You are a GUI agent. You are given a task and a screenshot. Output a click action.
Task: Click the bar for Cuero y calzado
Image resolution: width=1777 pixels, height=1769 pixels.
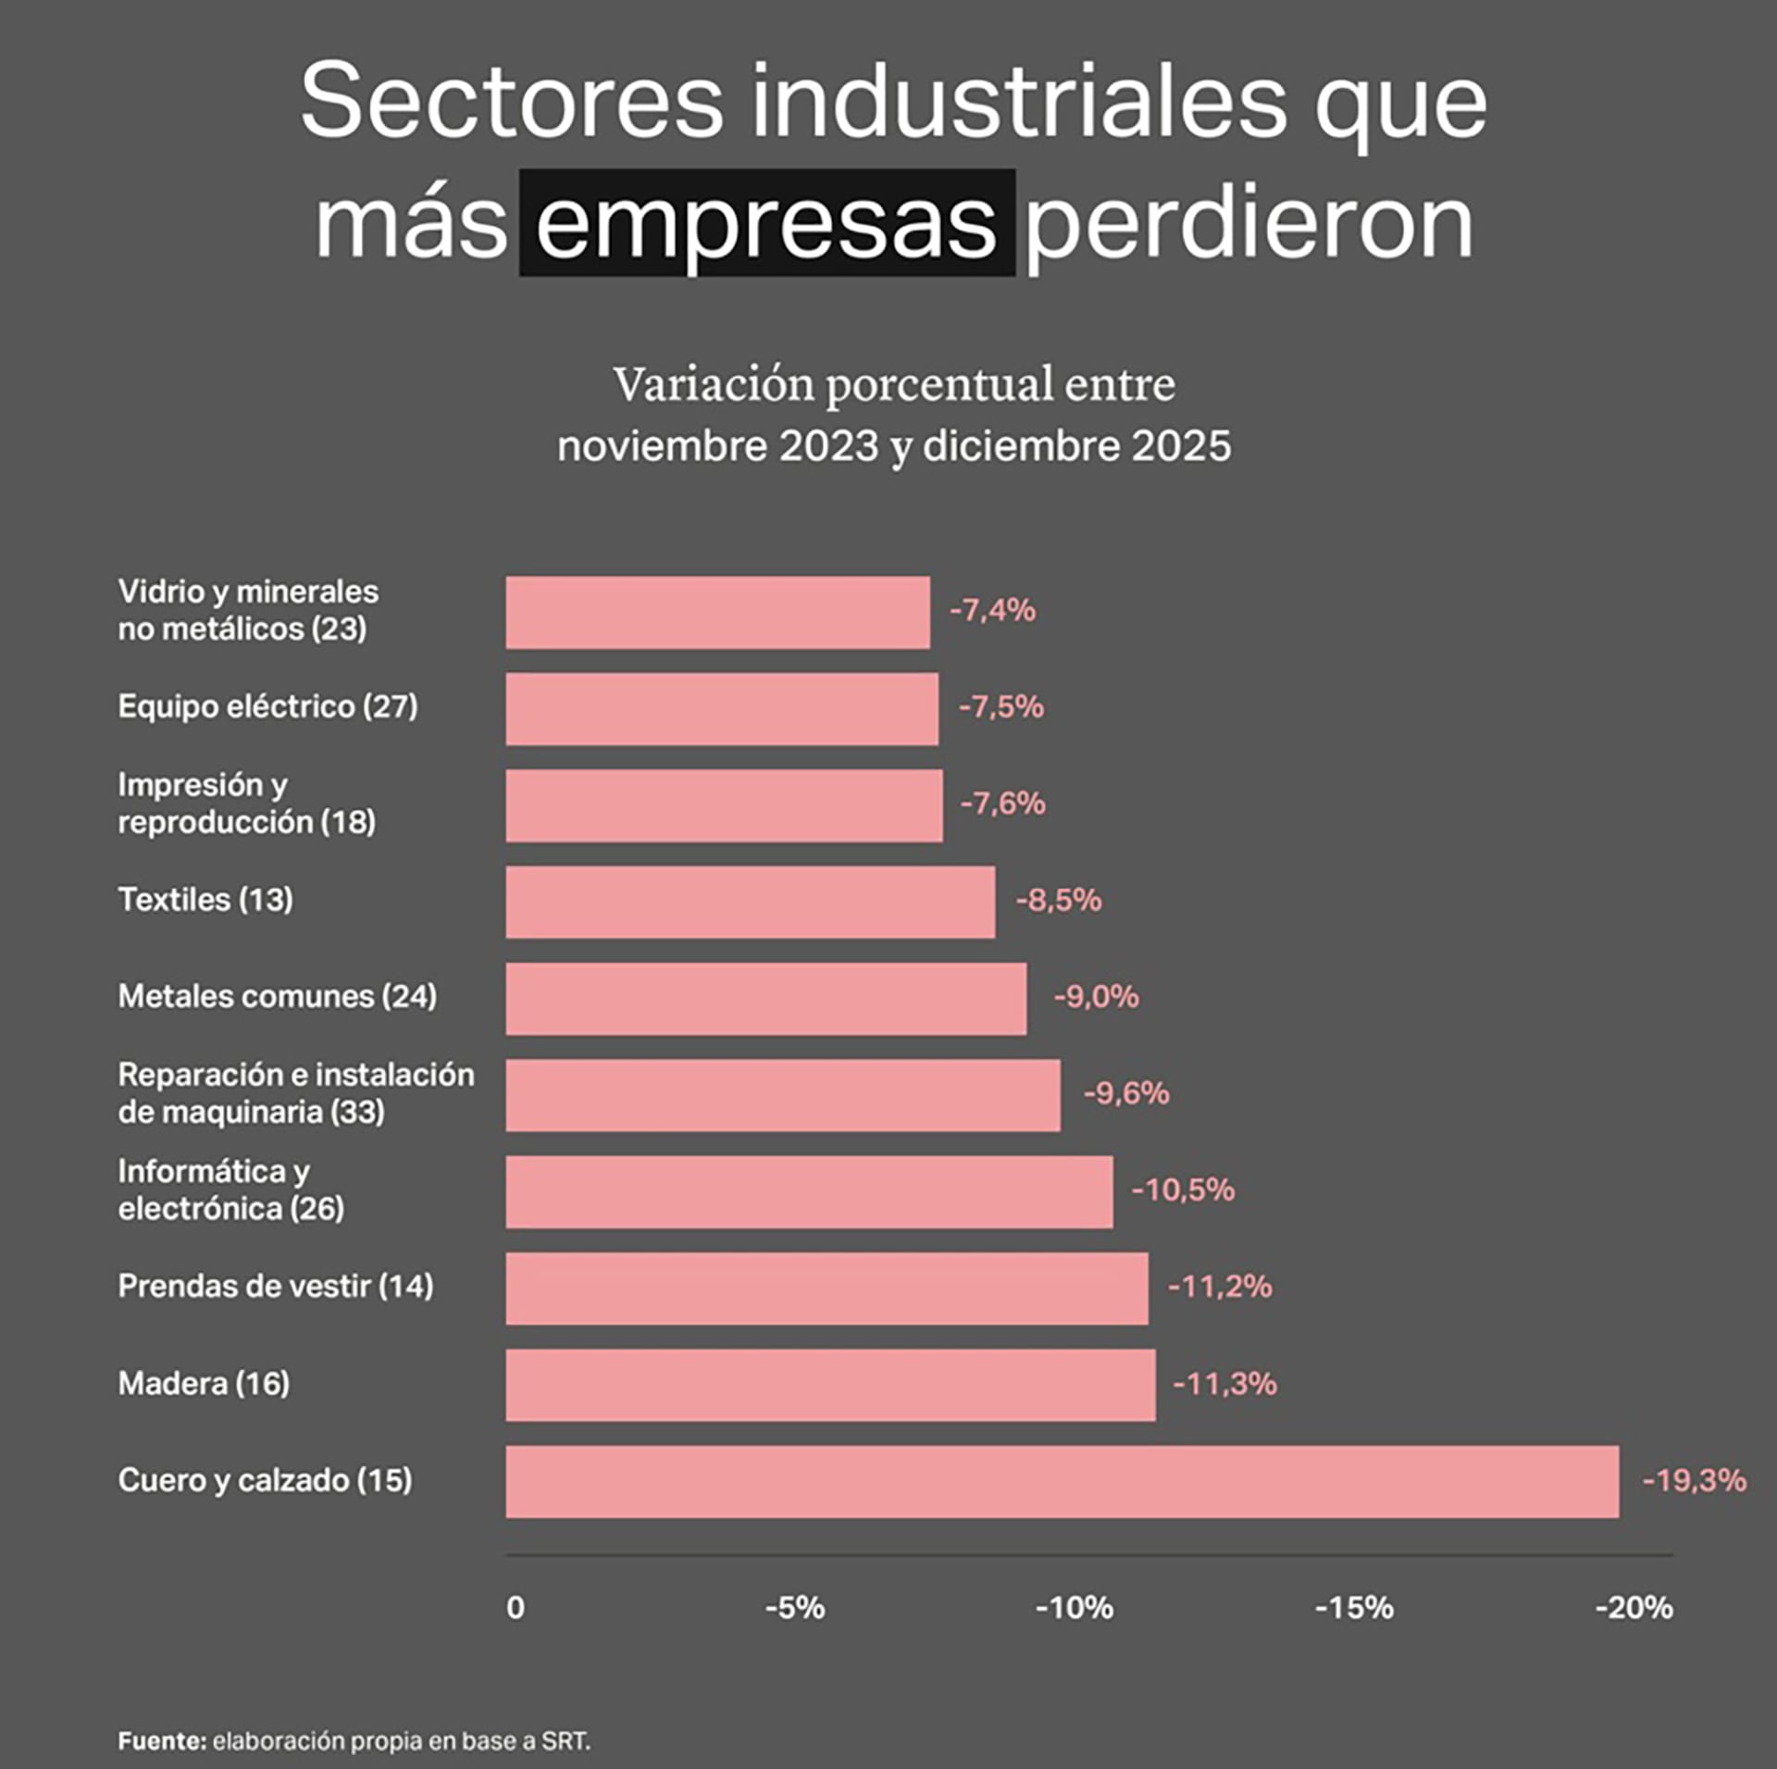point(1062,1481)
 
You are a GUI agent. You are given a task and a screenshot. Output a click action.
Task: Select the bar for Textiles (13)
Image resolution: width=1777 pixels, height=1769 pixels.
point(750,902)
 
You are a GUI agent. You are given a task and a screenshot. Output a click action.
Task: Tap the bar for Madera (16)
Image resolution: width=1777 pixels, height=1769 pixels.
point(830,1384)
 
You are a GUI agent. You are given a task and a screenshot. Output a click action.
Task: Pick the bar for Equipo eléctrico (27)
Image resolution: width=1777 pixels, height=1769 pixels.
point(721,708)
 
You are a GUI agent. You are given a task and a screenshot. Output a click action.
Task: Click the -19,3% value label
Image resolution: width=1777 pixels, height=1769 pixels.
point(1694,1480)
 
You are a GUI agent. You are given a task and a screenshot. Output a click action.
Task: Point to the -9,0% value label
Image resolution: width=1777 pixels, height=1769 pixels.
point(1096,997)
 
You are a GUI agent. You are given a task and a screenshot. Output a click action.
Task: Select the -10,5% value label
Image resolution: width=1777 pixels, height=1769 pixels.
point(1183,1190)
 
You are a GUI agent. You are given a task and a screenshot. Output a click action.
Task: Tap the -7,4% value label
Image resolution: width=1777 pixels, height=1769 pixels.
point(992,611)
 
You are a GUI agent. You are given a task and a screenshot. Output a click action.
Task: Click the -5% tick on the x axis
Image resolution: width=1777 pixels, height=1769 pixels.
point(794,1608)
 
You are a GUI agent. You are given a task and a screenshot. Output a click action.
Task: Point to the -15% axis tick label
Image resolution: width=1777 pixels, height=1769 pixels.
point(1353,1608)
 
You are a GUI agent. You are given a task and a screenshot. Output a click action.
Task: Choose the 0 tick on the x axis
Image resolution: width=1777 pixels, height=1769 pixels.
point(516,1608)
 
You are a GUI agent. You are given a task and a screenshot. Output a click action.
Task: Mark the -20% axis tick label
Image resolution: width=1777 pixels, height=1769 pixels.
point(1634,1608)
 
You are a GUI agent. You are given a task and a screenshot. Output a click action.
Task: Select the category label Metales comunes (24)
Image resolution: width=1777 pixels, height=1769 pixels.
point(277,996)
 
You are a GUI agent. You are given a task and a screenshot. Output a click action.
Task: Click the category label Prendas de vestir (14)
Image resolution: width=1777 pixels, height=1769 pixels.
point(275,1286)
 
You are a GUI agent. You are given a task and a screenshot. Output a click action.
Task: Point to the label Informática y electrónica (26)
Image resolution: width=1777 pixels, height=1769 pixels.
point(230,1190)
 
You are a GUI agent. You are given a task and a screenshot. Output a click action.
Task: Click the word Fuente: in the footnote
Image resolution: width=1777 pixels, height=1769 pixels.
point(162,1740)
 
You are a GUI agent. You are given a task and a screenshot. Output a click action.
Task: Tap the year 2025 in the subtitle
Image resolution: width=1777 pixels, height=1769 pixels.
point(1181,446)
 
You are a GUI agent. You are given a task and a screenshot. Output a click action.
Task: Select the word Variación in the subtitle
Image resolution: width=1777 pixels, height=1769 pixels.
point(713,385)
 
